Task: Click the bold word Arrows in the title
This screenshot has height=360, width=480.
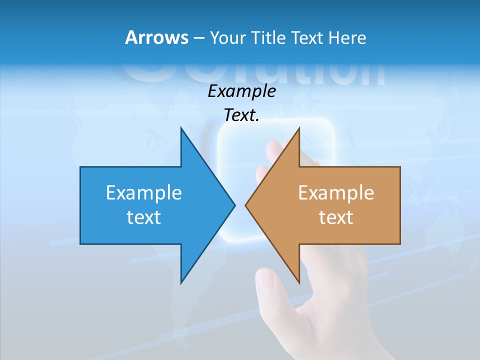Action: [156, 37]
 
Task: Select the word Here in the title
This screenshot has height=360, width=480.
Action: [347, 37]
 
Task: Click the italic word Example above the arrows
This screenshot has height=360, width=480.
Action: [242, 91]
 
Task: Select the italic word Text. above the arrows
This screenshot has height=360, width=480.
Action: [242, 115]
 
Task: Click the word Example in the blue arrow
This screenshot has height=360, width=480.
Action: [144, 192]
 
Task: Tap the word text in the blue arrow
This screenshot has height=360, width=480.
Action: [144, 217]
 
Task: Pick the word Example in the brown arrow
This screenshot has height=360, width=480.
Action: [336, 192]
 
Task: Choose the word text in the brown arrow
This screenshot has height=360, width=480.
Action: [336, 217]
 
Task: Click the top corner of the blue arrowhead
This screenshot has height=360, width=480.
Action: [181, 128]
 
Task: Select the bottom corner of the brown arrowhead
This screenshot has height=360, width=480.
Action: [299, 282]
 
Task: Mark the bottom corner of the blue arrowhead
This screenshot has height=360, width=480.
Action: [181, 282]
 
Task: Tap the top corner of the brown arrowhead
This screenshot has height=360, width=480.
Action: [299, 128]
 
